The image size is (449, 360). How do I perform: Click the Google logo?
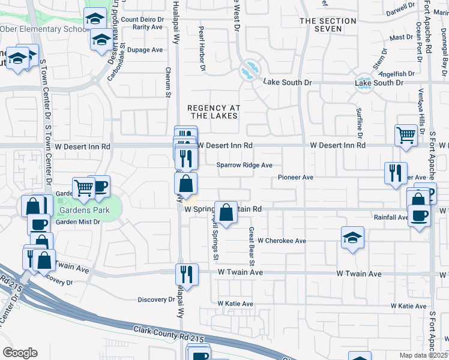click(20, 352)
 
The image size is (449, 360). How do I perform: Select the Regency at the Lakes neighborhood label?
click(214, 112)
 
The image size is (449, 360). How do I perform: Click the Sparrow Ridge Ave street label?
click(244, 165)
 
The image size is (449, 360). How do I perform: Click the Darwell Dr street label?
click(401, 10)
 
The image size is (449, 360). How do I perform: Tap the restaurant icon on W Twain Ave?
click(186, 274)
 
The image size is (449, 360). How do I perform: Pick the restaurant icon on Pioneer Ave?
click(396, 173)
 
